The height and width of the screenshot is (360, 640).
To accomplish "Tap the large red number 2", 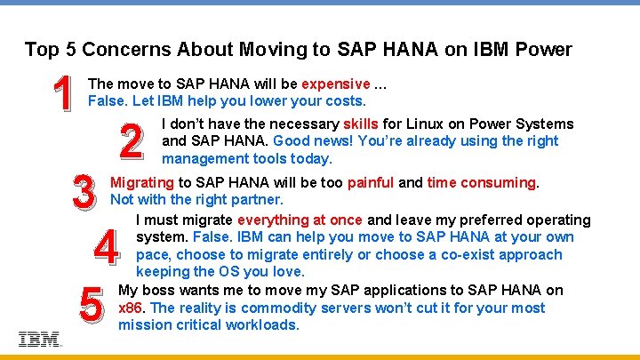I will tap(131, 141).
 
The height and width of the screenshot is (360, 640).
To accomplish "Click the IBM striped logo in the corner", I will tap(39, 339).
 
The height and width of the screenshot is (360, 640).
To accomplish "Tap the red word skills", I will tap(361, 124).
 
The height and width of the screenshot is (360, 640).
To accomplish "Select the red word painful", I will tap(371, 182).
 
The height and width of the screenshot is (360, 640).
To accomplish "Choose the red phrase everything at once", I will tap(300, 220).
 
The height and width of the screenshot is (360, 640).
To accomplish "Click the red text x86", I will tap(132, 308).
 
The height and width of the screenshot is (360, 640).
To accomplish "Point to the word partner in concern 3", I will tap(257, 199).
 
